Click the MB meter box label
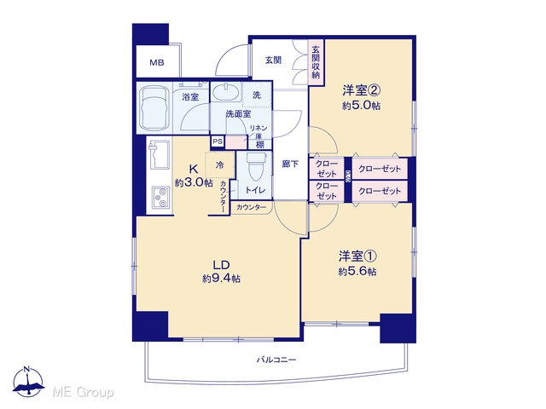(x=157, y=63)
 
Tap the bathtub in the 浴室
(x=154, y=107)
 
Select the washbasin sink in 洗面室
(x=225, y=92)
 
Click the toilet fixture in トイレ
(x=256, y=166)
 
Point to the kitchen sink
(x=160, y=155)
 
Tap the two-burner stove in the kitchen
(x=160, y=198)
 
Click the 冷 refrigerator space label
(x=220, y=164)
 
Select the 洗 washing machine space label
(x=256, y=95)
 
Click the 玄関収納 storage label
(x=316, y=62)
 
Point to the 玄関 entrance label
(x=273, y=60)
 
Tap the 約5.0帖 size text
(x=361, y=106)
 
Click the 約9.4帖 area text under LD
(x=222, y=279)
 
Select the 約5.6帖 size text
(x=357, y=271)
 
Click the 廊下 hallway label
(x=290, y=164)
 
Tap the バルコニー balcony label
(x=276, y=360)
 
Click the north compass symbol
(x=28, y=382)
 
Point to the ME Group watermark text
(x=83, y=392)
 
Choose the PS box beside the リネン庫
(x=218, y=141)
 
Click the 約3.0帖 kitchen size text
(x=194, y=182)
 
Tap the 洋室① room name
(x=357, y=256)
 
